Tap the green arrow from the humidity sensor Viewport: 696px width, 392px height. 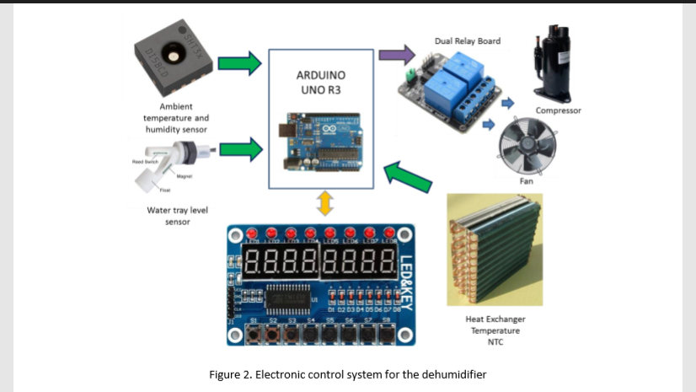point(240,64)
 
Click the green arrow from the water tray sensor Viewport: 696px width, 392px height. point(241,150)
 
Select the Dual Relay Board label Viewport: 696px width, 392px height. point(467,40)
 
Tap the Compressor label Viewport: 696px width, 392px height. point(559,110)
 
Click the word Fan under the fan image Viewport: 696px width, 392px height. point(526,180)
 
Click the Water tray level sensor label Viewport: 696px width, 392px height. point(165,216)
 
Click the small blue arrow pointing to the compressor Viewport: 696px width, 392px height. point(507,103)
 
